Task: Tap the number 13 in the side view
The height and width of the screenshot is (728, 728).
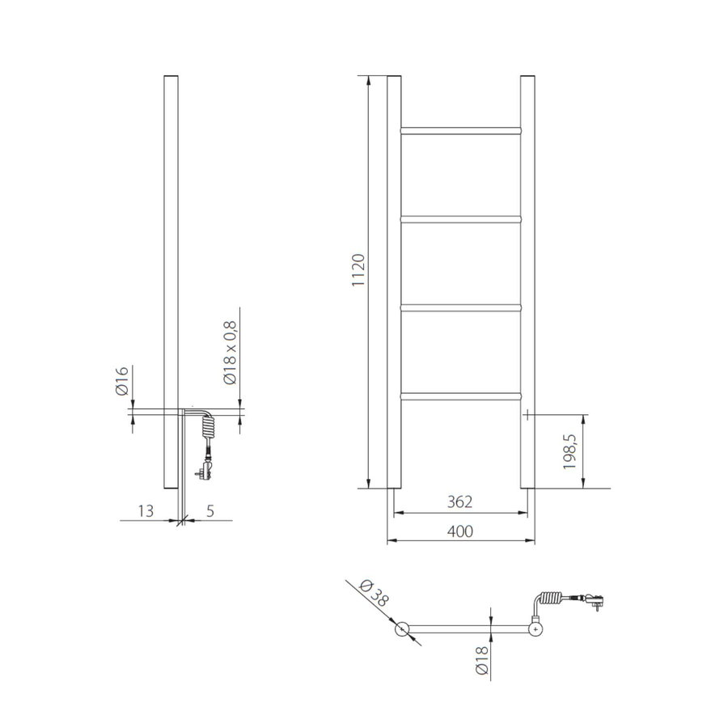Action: pyautogui.click(x=146, y=510)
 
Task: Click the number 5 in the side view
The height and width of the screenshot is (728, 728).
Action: pyautogui.click(x=210, y=510)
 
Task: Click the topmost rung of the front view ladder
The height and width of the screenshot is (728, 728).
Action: pyautogui.click(x=460, y=129)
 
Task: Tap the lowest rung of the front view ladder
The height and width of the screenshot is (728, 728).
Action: pyautogui.click(x=460, y=396)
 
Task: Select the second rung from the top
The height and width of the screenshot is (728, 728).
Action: pyautogui.click(x=460, y=218)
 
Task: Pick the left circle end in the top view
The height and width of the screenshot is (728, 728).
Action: pyautogui.click(x=401, y=629)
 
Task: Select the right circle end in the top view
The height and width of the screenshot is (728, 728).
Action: pyautogui.click(x=535, y=629)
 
